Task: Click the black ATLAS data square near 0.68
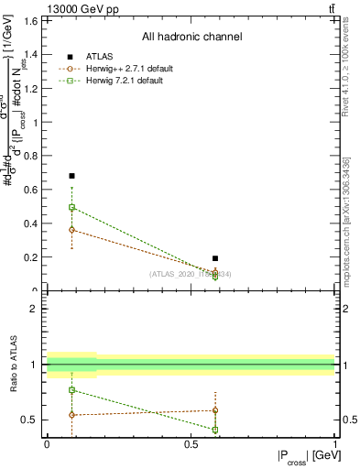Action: [71, 176]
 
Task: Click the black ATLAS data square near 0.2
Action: [215, 259]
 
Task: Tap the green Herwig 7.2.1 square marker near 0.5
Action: [71, 208]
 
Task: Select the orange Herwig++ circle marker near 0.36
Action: [71, 229]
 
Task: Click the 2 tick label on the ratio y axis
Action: [35, 309]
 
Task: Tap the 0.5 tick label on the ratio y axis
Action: [31, 420]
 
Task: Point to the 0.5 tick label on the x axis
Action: [191, 444]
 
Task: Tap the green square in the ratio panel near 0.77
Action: [71, 390]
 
